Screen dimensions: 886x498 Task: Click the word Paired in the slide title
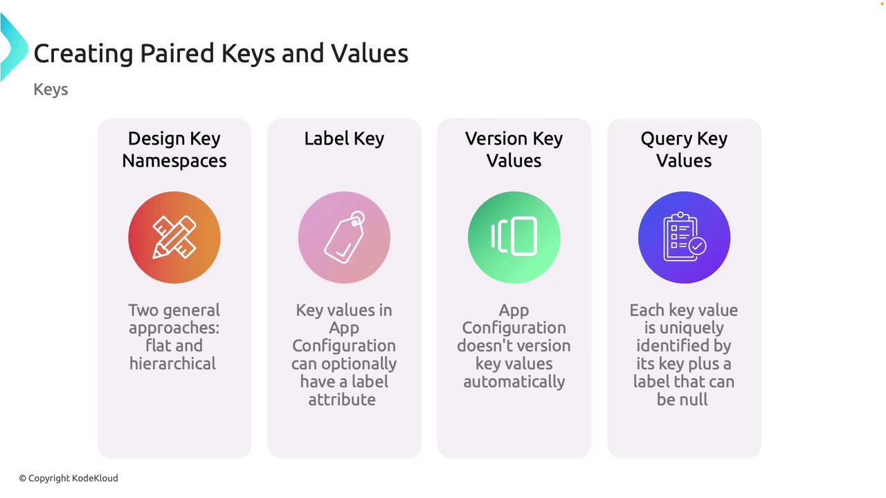177,53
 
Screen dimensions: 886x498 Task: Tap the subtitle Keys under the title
51,90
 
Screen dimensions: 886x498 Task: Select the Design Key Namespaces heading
174,149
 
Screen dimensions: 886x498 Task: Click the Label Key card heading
344,139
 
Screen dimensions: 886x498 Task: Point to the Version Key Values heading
514,149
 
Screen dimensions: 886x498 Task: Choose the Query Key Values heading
684,149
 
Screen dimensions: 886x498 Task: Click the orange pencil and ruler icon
174,237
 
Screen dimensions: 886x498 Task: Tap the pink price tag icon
344,237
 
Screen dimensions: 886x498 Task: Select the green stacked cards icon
514,237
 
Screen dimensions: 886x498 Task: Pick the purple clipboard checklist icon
684,237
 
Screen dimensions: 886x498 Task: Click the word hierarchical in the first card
173,364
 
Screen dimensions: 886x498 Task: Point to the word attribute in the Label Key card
342,400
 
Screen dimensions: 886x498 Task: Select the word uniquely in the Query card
684,329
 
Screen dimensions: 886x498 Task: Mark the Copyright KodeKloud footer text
69,478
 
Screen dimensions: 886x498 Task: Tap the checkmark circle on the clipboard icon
697,246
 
